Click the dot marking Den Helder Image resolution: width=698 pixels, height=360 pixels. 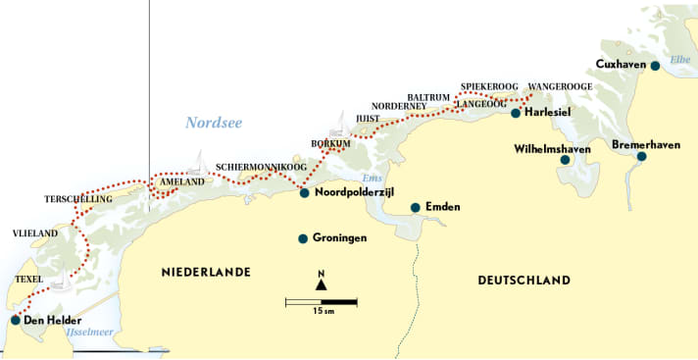(15, 320)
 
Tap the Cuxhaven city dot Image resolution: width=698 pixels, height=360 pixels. (655, 66)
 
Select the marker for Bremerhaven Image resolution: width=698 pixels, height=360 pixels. (641, 156)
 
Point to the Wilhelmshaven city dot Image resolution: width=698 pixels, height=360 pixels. (565, 160)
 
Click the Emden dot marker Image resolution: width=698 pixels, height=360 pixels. (416, 207)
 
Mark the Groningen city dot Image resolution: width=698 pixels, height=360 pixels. (304, 238)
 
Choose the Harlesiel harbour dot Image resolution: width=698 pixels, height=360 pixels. (516, 113)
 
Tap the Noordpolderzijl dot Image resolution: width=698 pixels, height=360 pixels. (304, 192)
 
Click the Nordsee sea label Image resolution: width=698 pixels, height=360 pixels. (213, 123)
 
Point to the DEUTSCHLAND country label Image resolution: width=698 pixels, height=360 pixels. (523, 281)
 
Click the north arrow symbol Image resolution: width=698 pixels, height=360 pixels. (321, 283)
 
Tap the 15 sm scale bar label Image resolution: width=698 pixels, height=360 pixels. (321, 312)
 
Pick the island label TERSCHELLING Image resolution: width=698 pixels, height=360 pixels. (78, 199)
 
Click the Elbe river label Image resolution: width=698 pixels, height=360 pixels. (680, 60)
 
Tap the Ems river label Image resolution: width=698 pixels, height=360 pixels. (371, 178)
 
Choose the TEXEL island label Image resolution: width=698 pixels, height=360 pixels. (30, 280)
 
